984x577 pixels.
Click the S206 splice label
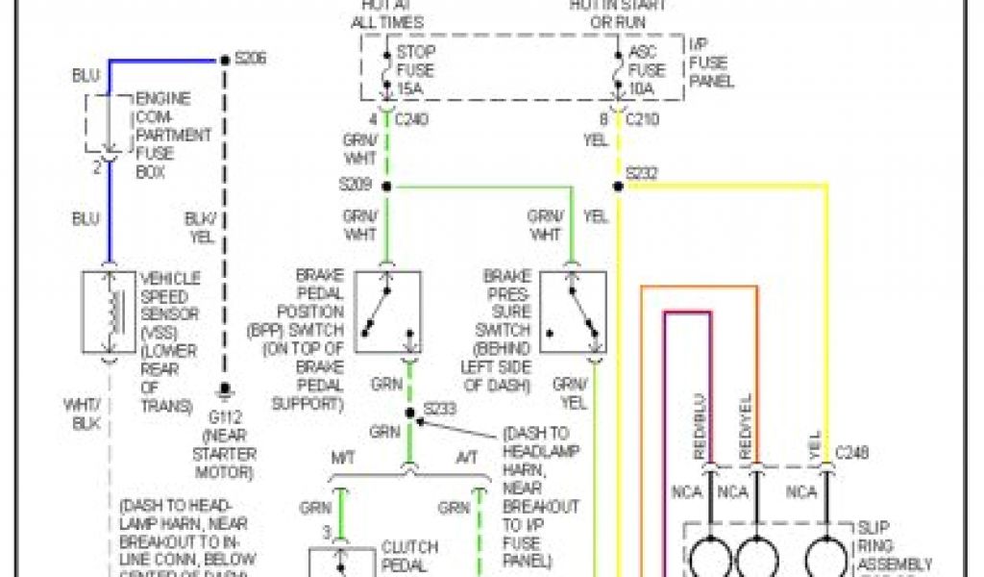(250, 59)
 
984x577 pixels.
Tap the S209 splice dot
(386, 186)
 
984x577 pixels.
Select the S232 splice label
(642, 173)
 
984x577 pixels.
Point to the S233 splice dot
(409, 413)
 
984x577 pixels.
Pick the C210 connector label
(643, 120)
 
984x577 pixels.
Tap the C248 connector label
(851, 450)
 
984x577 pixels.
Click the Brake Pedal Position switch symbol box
(387, 312)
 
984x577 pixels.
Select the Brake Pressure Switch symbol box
(573, 312)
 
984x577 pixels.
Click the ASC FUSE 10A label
(647, 69)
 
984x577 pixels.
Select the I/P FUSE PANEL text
(711, 63)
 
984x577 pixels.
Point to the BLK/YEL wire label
(200, 227)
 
